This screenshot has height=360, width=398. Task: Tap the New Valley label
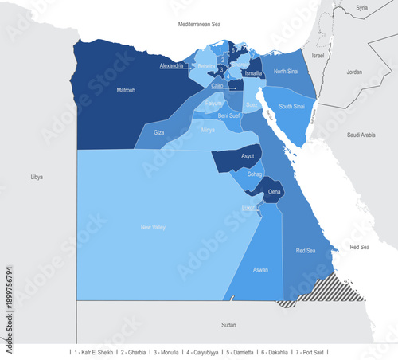(152, 228)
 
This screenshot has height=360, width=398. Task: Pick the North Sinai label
(286, 72)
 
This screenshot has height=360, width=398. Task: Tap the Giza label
(158, 132)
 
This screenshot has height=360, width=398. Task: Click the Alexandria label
(172, 65)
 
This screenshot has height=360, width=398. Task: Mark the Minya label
(208, 129)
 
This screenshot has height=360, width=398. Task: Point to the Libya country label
(37, 176)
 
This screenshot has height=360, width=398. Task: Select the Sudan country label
(228, 325)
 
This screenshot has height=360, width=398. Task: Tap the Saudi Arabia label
(361, 135)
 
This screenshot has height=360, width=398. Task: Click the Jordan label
(354, 72)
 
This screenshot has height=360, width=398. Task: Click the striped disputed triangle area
(326, 291)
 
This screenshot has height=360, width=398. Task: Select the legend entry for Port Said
(313, 351)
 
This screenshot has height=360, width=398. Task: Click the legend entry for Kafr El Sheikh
(93, 351)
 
